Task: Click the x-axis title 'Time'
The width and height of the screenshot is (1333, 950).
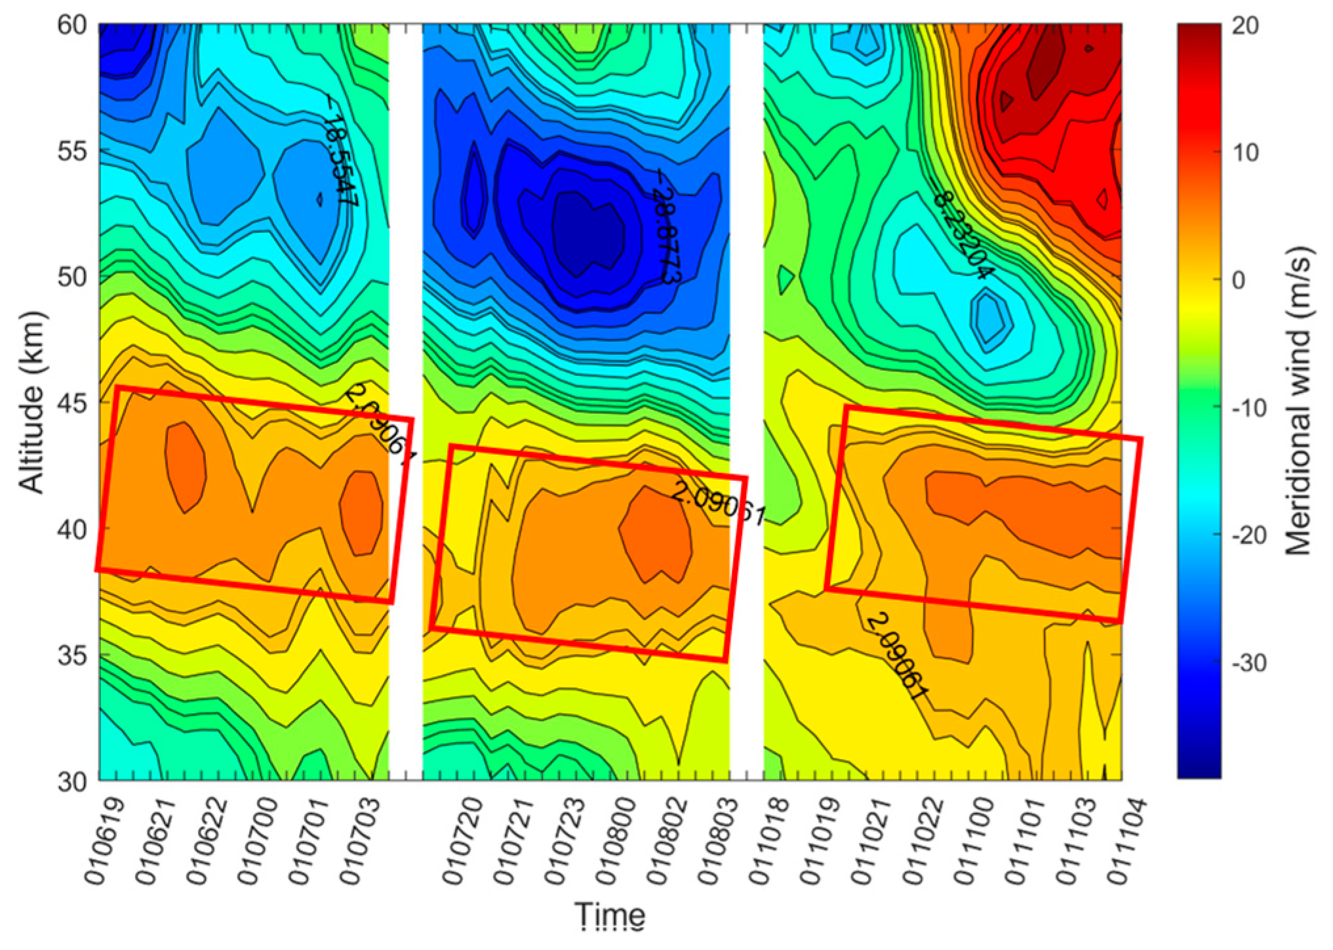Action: pos(610,915)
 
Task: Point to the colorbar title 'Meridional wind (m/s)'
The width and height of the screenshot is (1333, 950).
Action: pos(1297,402)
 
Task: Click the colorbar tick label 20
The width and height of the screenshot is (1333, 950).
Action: pos(1244,26)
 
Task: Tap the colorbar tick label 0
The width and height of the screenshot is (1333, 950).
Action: pos(1238,281)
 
